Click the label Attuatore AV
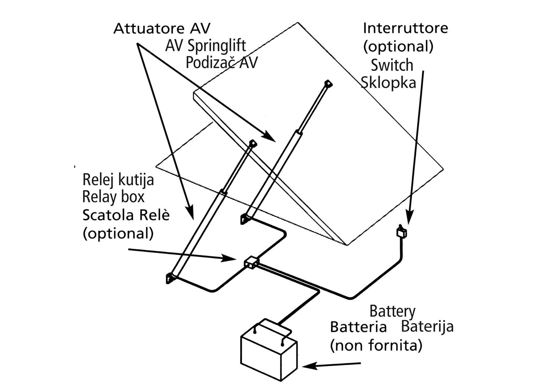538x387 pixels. tap(162, 29)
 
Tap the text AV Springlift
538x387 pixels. tap(205, 46)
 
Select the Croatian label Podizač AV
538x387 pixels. tap(221, 63)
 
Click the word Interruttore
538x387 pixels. tap(405, 28)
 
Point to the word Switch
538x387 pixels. tap(392, 65)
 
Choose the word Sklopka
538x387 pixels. tap(388, 82)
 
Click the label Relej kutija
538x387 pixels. tap(118, 180)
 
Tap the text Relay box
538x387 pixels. tap(113, 197)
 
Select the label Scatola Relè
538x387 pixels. tap(126, 215)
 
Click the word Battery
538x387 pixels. tap(392, 311)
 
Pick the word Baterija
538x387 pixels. tap(427, 327)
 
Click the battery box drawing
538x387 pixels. tap(268, 354)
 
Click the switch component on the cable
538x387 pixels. tap(402, 232)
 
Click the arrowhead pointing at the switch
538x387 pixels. tap(409, 220)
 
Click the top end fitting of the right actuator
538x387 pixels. tap(328, 83)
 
